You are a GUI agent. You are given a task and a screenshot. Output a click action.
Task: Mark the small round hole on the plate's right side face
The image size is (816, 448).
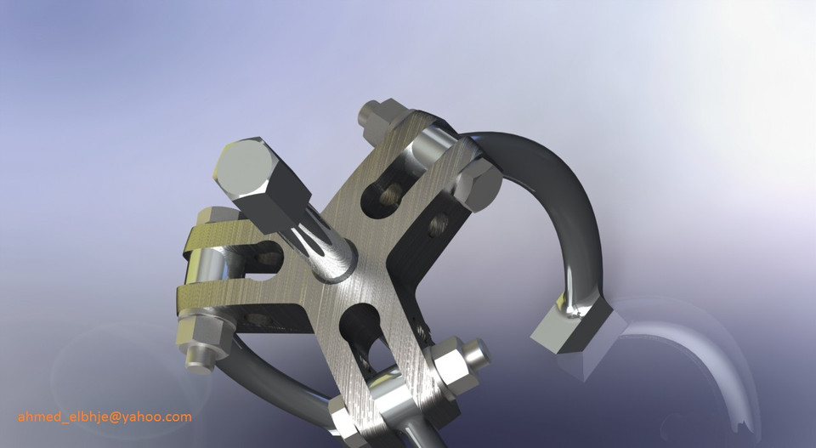coord(438,224)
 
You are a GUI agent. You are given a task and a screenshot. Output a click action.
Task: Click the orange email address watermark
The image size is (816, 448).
coord(105,417)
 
